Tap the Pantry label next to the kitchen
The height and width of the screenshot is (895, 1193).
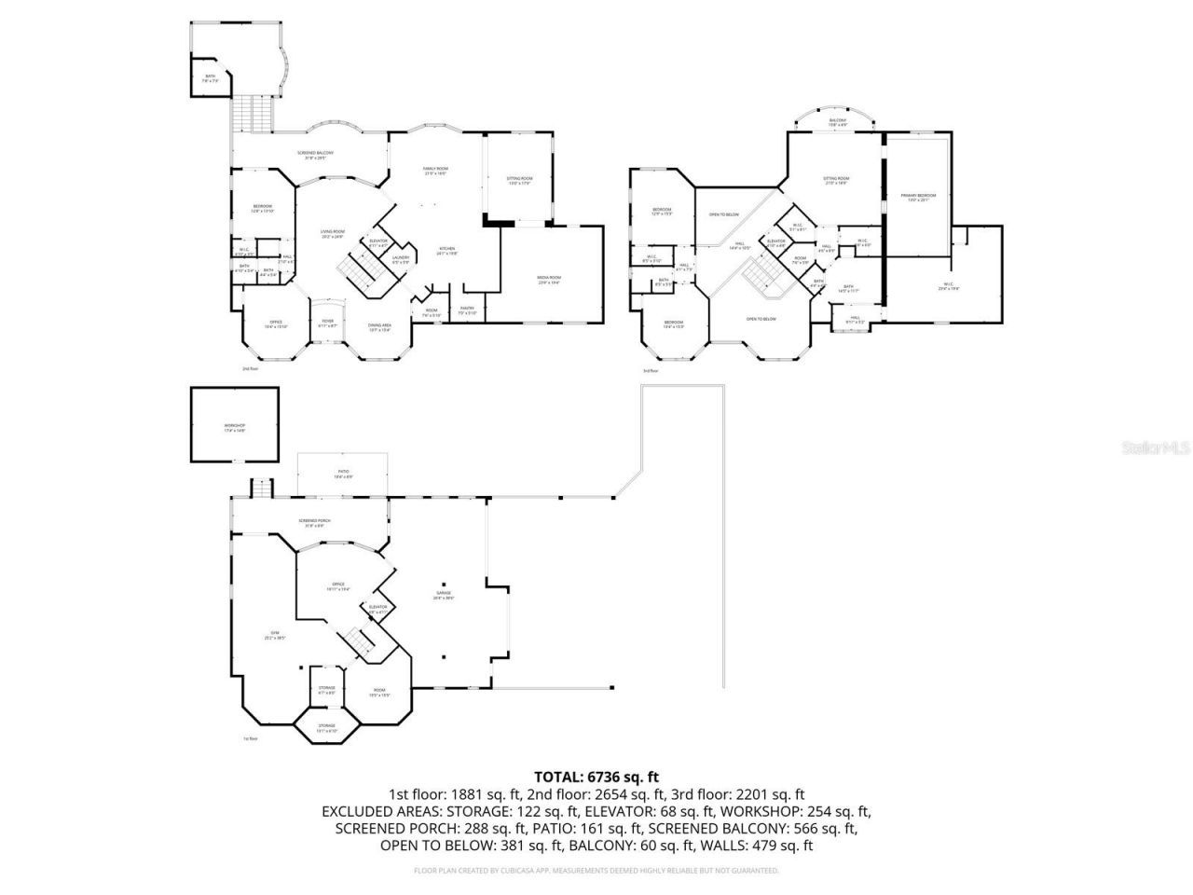coord(467,310)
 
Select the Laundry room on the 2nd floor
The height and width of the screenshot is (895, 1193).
coord(401,260)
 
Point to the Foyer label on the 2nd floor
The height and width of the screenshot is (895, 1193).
coord(327,323)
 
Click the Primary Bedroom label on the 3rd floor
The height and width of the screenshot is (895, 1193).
coord(918,198)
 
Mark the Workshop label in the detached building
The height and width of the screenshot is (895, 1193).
coord(234,427)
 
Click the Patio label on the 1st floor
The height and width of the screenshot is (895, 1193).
coord(343,475)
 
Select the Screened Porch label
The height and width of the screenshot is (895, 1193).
coord(314,522)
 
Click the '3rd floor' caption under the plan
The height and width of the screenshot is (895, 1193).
coord(650,371)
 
